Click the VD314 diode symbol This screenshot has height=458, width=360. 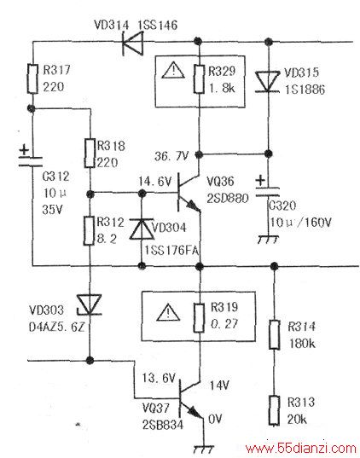(x=133, y=43)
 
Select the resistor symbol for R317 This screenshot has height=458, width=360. (x=32, y=78)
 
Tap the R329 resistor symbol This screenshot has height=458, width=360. (x=199, y=79)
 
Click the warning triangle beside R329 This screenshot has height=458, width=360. (x=173, y=71)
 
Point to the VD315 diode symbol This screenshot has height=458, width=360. (x=268, y=82)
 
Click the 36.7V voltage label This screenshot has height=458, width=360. (x=171, y=156)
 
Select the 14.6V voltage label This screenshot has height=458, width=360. (x=154, y=182)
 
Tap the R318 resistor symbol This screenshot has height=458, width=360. (x=90, y=153)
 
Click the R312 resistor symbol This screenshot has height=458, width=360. (x=89, y=231)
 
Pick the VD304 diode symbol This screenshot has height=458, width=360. (x=142, y=229)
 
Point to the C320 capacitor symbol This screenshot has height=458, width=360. (x=267, y=188)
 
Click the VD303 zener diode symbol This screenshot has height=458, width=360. (x=89, y=304)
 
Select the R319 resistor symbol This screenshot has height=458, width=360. (x=200, y=318)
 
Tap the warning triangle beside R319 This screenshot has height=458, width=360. (x=168, y=312)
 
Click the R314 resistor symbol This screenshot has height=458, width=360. (x=274, y=334)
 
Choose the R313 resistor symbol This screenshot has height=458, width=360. (x=274, y=410)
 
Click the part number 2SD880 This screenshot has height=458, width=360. (x=228, y=199)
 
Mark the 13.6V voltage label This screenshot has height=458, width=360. (x=159, y=378)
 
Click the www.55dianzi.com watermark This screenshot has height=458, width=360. (x=300, y=448)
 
